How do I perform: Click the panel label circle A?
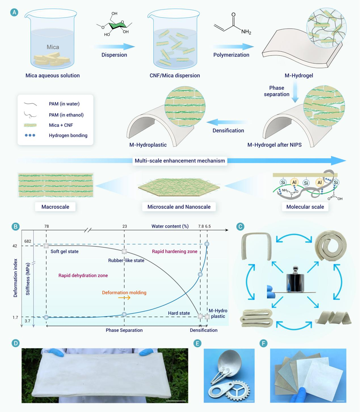(14, 12)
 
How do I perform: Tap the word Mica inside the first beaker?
(53, 47)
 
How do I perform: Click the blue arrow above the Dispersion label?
(114, 47)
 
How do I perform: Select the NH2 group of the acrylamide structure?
(246, 32)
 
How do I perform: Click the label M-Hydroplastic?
(148, 145)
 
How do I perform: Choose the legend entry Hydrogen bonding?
(68, 135)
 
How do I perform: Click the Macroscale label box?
(55, 207)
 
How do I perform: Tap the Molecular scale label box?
(305, 207)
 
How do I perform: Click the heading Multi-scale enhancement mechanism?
(180, 161)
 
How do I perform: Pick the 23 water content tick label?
(125, 226)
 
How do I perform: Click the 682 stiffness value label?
(28, 241)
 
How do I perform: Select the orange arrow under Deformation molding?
(124, 298)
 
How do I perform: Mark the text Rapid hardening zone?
(174, 251)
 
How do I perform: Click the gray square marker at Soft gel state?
(46, 246)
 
